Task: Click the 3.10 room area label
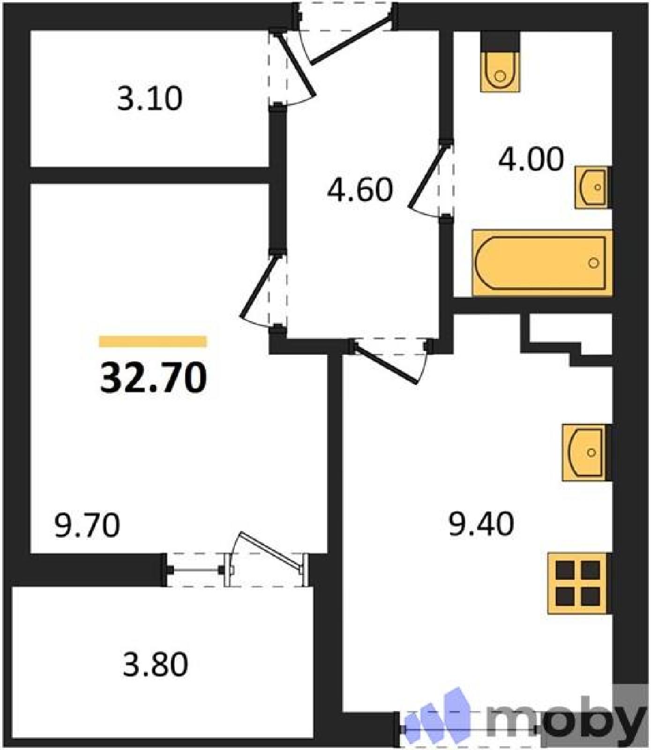click(x=150, y=99)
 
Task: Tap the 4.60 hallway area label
click(x=360, y=190)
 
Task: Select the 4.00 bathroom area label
click(x=531, y=159)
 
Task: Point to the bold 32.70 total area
click(x=153, y=378)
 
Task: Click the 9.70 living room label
click(x=87, y=525)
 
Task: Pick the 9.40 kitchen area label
click(x=481, y=524)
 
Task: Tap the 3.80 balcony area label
click(x=156, y=664)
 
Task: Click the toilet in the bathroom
click(x=501, y=61)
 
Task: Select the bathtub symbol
click(x=542, y=262)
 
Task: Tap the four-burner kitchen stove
click(x=580, y=583)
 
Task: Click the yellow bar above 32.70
click(x=153, y=341)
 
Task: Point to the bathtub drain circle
click(x=594, y=263)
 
